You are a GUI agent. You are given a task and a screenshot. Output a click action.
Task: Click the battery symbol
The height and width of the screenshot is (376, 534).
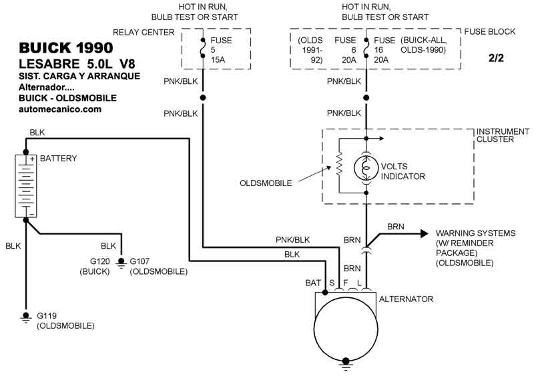point(26,186)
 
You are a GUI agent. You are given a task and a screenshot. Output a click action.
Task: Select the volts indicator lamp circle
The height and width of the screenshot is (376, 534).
point(366,168)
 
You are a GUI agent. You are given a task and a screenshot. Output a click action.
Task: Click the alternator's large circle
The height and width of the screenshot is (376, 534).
point(346,329)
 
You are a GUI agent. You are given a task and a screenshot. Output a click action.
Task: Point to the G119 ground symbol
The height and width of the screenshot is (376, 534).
point(25,317)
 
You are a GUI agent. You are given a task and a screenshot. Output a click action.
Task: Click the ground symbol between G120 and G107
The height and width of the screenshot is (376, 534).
point(121,262)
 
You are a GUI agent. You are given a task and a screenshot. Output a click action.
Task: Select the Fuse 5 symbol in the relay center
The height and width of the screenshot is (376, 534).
point(203,48)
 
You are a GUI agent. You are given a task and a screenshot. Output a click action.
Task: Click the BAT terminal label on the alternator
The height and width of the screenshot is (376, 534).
point(313,283)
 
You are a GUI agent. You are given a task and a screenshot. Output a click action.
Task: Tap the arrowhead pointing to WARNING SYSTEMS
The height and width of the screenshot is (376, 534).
point(425,233)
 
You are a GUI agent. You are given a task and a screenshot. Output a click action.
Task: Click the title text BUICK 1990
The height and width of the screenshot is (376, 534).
point(65,47)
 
